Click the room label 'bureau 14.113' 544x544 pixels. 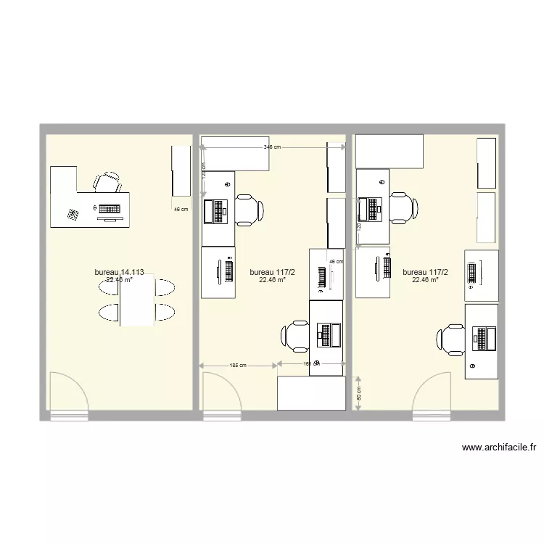(119, 273)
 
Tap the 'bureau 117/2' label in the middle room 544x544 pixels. (268, 273)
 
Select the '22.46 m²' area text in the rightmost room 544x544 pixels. (425, 280)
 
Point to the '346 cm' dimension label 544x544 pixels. (273, 147)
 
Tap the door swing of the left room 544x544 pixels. (68, 395)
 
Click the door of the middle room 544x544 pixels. (221, 395)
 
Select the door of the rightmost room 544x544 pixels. (434, 395)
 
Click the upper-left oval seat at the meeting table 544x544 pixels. (109, 287)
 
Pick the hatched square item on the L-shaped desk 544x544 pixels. (73, 215)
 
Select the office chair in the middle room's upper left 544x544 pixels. (249, 210)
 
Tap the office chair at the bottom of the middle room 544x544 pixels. (295, 335)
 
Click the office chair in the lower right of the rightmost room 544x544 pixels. (450, 339)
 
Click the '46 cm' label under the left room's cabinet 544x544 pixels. (181, 210)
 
